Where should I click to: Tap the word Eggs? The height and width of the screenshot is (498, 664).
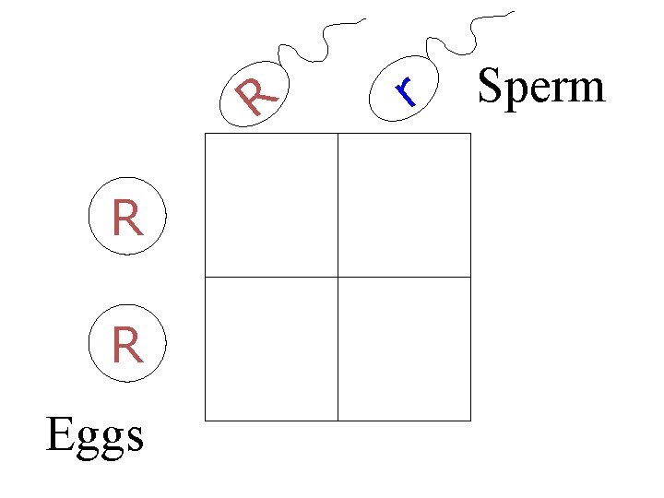coord(95,435)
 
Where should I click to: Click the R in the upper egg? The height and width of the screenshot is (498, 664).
coord(127,219)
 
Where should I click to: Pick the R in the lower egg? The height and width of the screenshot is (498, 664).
coord(127,347)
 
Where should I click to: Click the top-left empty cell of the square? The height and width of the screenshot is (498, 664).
coord(271,205)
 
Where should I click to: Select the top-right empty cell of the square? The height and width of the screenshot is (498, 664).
coord(404,205)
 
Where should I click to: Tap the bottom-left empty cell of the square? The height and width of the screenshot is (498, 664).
coord(271,348)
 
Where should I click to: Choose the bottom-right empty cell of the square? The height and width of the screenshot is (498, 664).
coord(404,348)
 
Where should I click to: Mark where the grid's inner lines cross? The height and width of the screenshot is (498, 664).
coord(338,277)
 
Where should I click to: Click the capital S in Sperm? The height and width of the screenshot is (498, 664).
coord(490,88)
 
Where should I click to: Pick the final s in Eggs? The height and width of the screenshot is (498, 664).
coord(135,438)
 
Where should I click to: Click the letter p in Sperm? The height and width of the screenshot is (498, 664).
coord(513,93)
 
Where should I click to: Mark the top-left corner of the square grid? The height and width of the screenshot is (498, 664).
coord(205,134)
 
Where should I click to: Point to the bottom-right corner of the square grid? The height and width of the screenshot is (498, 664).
coord(470,420)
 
